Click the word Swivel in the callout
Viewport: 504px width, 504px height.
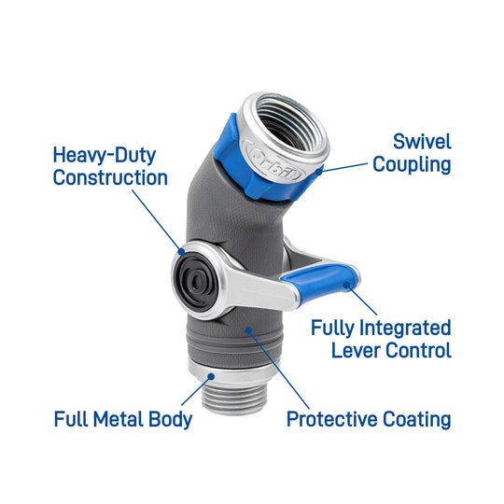421,142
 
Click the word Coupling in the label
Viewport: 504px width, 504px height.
412,165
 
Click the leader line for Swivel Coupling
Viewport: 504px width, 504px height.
345,165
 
